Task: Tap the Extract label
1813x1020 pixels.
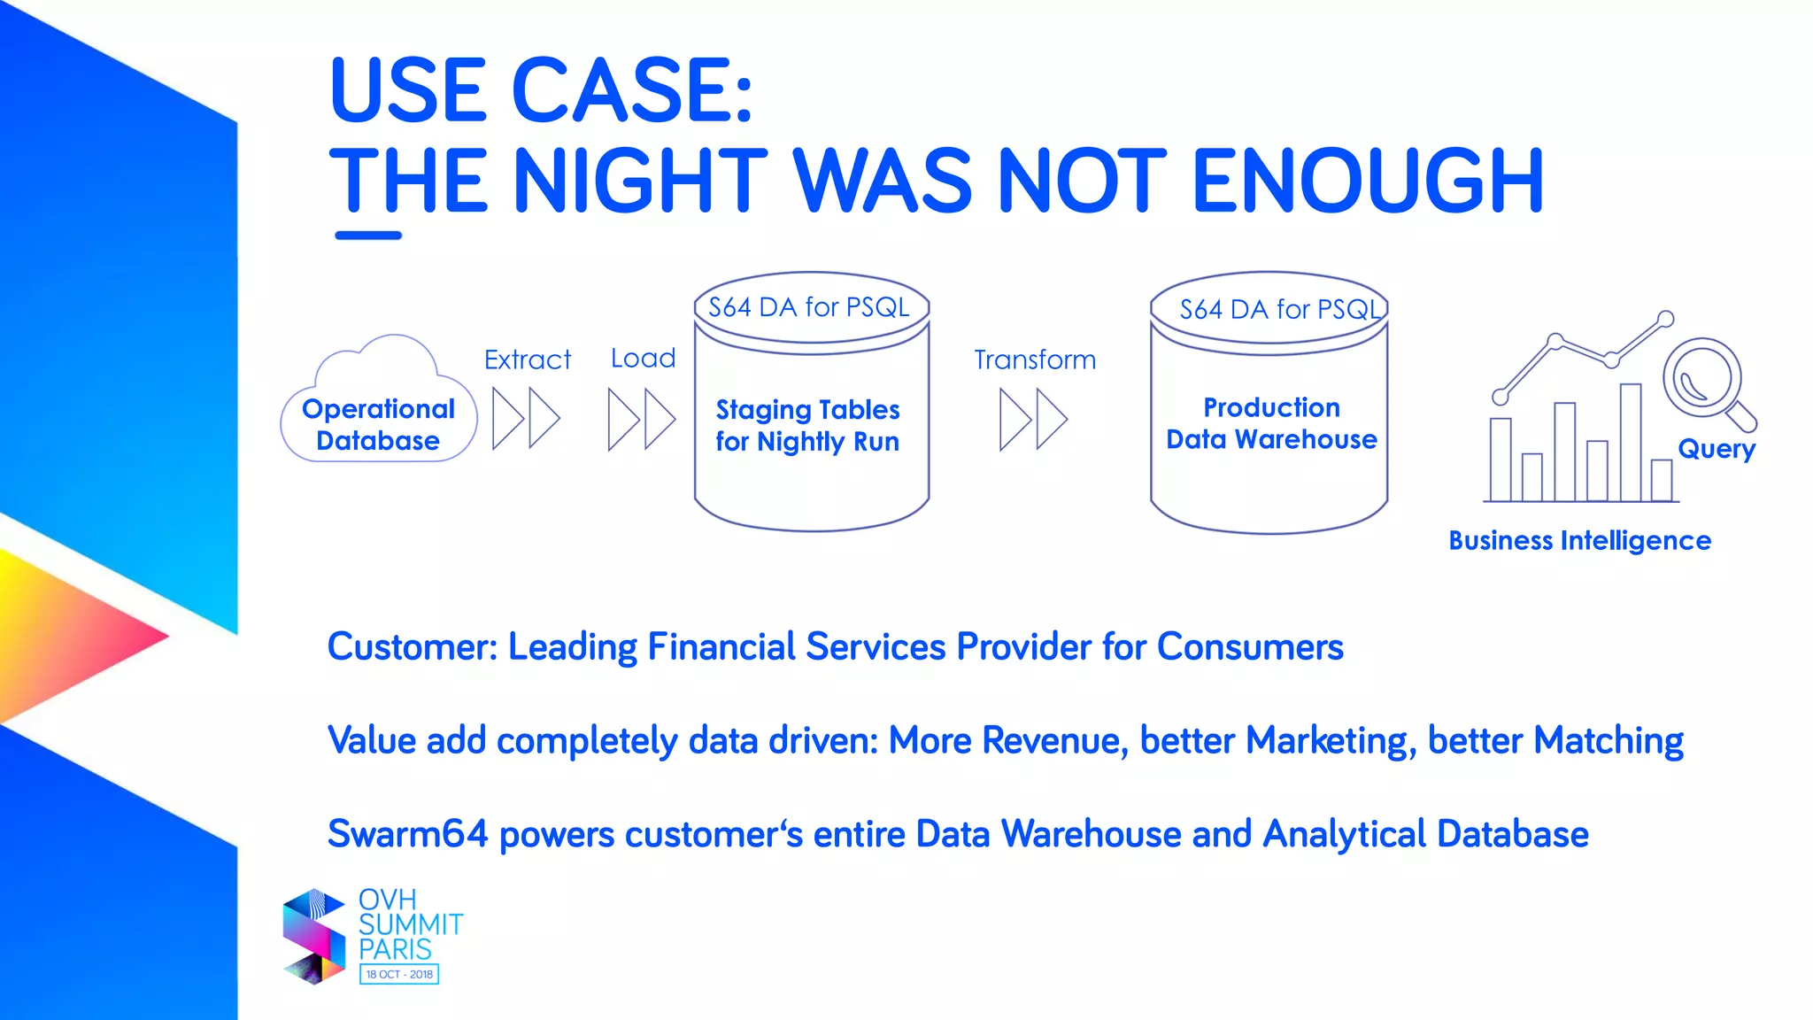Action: [528, 359]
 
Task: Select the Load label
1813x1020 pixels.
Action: [643, 358]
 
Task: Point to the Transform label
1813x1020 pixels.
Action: [1035, 359]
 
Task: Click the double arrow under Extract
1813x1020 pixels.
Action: [526, 418]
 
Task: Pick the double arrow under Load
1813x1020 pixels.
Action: [642, 419]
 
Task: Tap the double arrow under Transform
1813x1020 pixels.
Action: [1033, 419]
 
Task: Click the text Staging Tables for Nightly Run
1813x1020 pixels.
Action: [807, 426]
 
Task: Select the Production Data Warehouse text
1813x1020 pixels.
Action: [1271, 423]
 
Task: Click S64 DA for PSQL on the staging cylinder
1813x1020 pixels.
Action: [809, 307]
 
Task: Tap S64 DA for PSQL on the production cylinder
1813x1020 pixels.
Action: [1280, 309]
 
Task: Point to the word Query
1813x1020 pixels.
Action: [1717, 449]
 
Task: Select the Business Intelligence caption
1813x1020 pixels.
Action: [1579, 540]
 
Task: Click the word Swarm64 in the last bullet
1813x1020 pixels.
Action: [407, 834]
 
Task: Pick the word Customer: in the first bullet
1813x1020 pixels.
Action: [413, 647]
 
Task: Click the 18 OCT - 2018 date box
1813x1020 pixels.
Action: [399, 974]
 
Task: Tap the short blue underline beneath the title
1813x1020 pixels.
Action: [368, 236]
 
